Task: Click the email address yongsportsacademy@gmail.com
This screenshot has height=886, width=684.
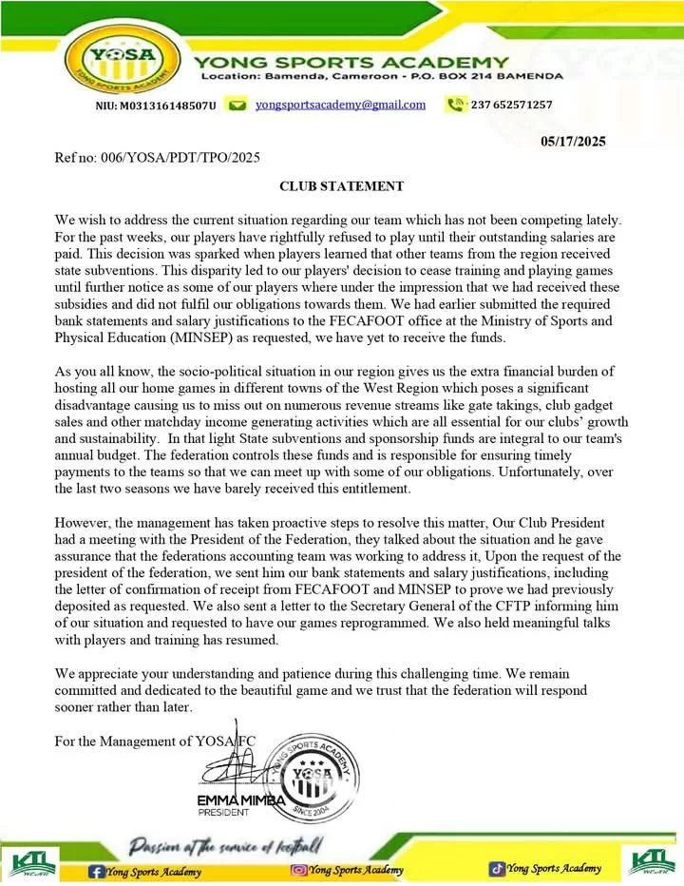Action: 340,105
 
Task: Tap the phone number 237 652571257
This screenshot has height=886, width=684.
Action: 512,105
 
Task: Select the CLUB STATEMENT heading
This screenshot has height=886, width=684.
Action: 341,186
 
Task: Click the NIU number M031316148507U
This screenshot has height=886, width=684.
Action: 156,105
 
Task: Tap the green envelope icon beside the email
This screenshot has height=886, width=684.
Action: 238,105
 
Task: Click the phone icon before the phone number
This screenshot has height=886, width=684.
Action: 456,105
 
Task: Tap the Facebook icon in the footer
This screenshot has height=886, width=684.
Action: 96,870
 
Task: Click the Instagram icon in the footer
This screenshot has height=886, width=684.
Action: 298,869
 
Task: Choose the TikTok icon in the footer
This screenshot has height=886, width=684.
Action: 497,868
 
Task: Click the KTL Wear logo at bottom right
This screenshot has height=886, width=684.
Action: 652,861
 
